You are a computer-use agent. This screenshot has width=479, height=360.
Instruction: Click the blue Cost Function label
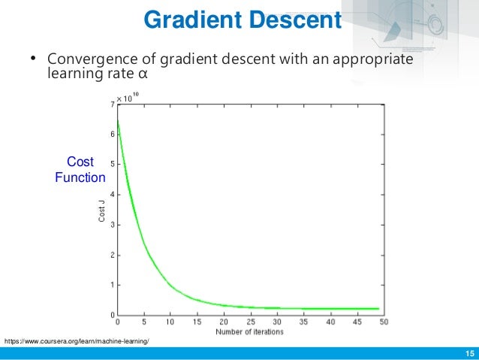tap(80, 170)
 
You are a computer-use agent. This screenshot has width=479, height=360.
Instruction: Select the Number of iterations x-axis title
tap(249, 332)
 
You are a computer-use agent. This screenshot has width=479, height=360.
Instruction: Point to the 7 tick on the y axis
tap(112, 104)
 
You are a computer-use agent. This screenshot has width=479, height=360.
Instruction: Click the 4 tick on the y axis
tap(112, 195)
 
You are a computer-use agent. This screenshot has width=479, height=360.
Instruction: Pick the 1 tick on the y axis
tap(112, 285)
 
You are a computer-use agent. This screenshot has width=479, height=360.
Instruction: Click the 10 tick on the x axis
tap(170, 322)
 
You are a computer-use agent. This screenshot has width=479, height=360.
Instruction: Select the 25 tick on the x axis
tap(250, 322)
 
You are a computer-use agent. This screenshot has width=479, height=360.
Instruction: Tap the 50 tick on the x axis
tap(384, 322)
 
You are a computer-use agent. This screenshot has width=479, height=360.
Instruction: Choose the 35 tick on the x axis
tap(303, 322)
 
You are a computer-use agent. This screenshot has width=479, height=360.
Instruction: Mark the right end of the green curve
tap(378, 308)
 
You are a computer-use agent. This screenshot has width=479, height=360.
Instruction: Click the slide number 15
tap(470, 354)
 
